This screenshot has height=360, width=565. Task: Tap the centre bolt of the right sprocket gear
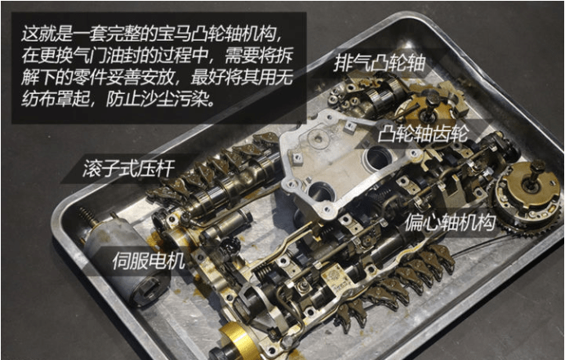click(x=536, y=169)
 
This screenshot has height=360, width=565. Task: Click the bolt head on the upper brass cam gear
click(x=429, y=100)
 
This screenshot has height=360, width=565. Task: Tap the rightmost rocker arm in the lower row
click(x=444, y=260)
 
